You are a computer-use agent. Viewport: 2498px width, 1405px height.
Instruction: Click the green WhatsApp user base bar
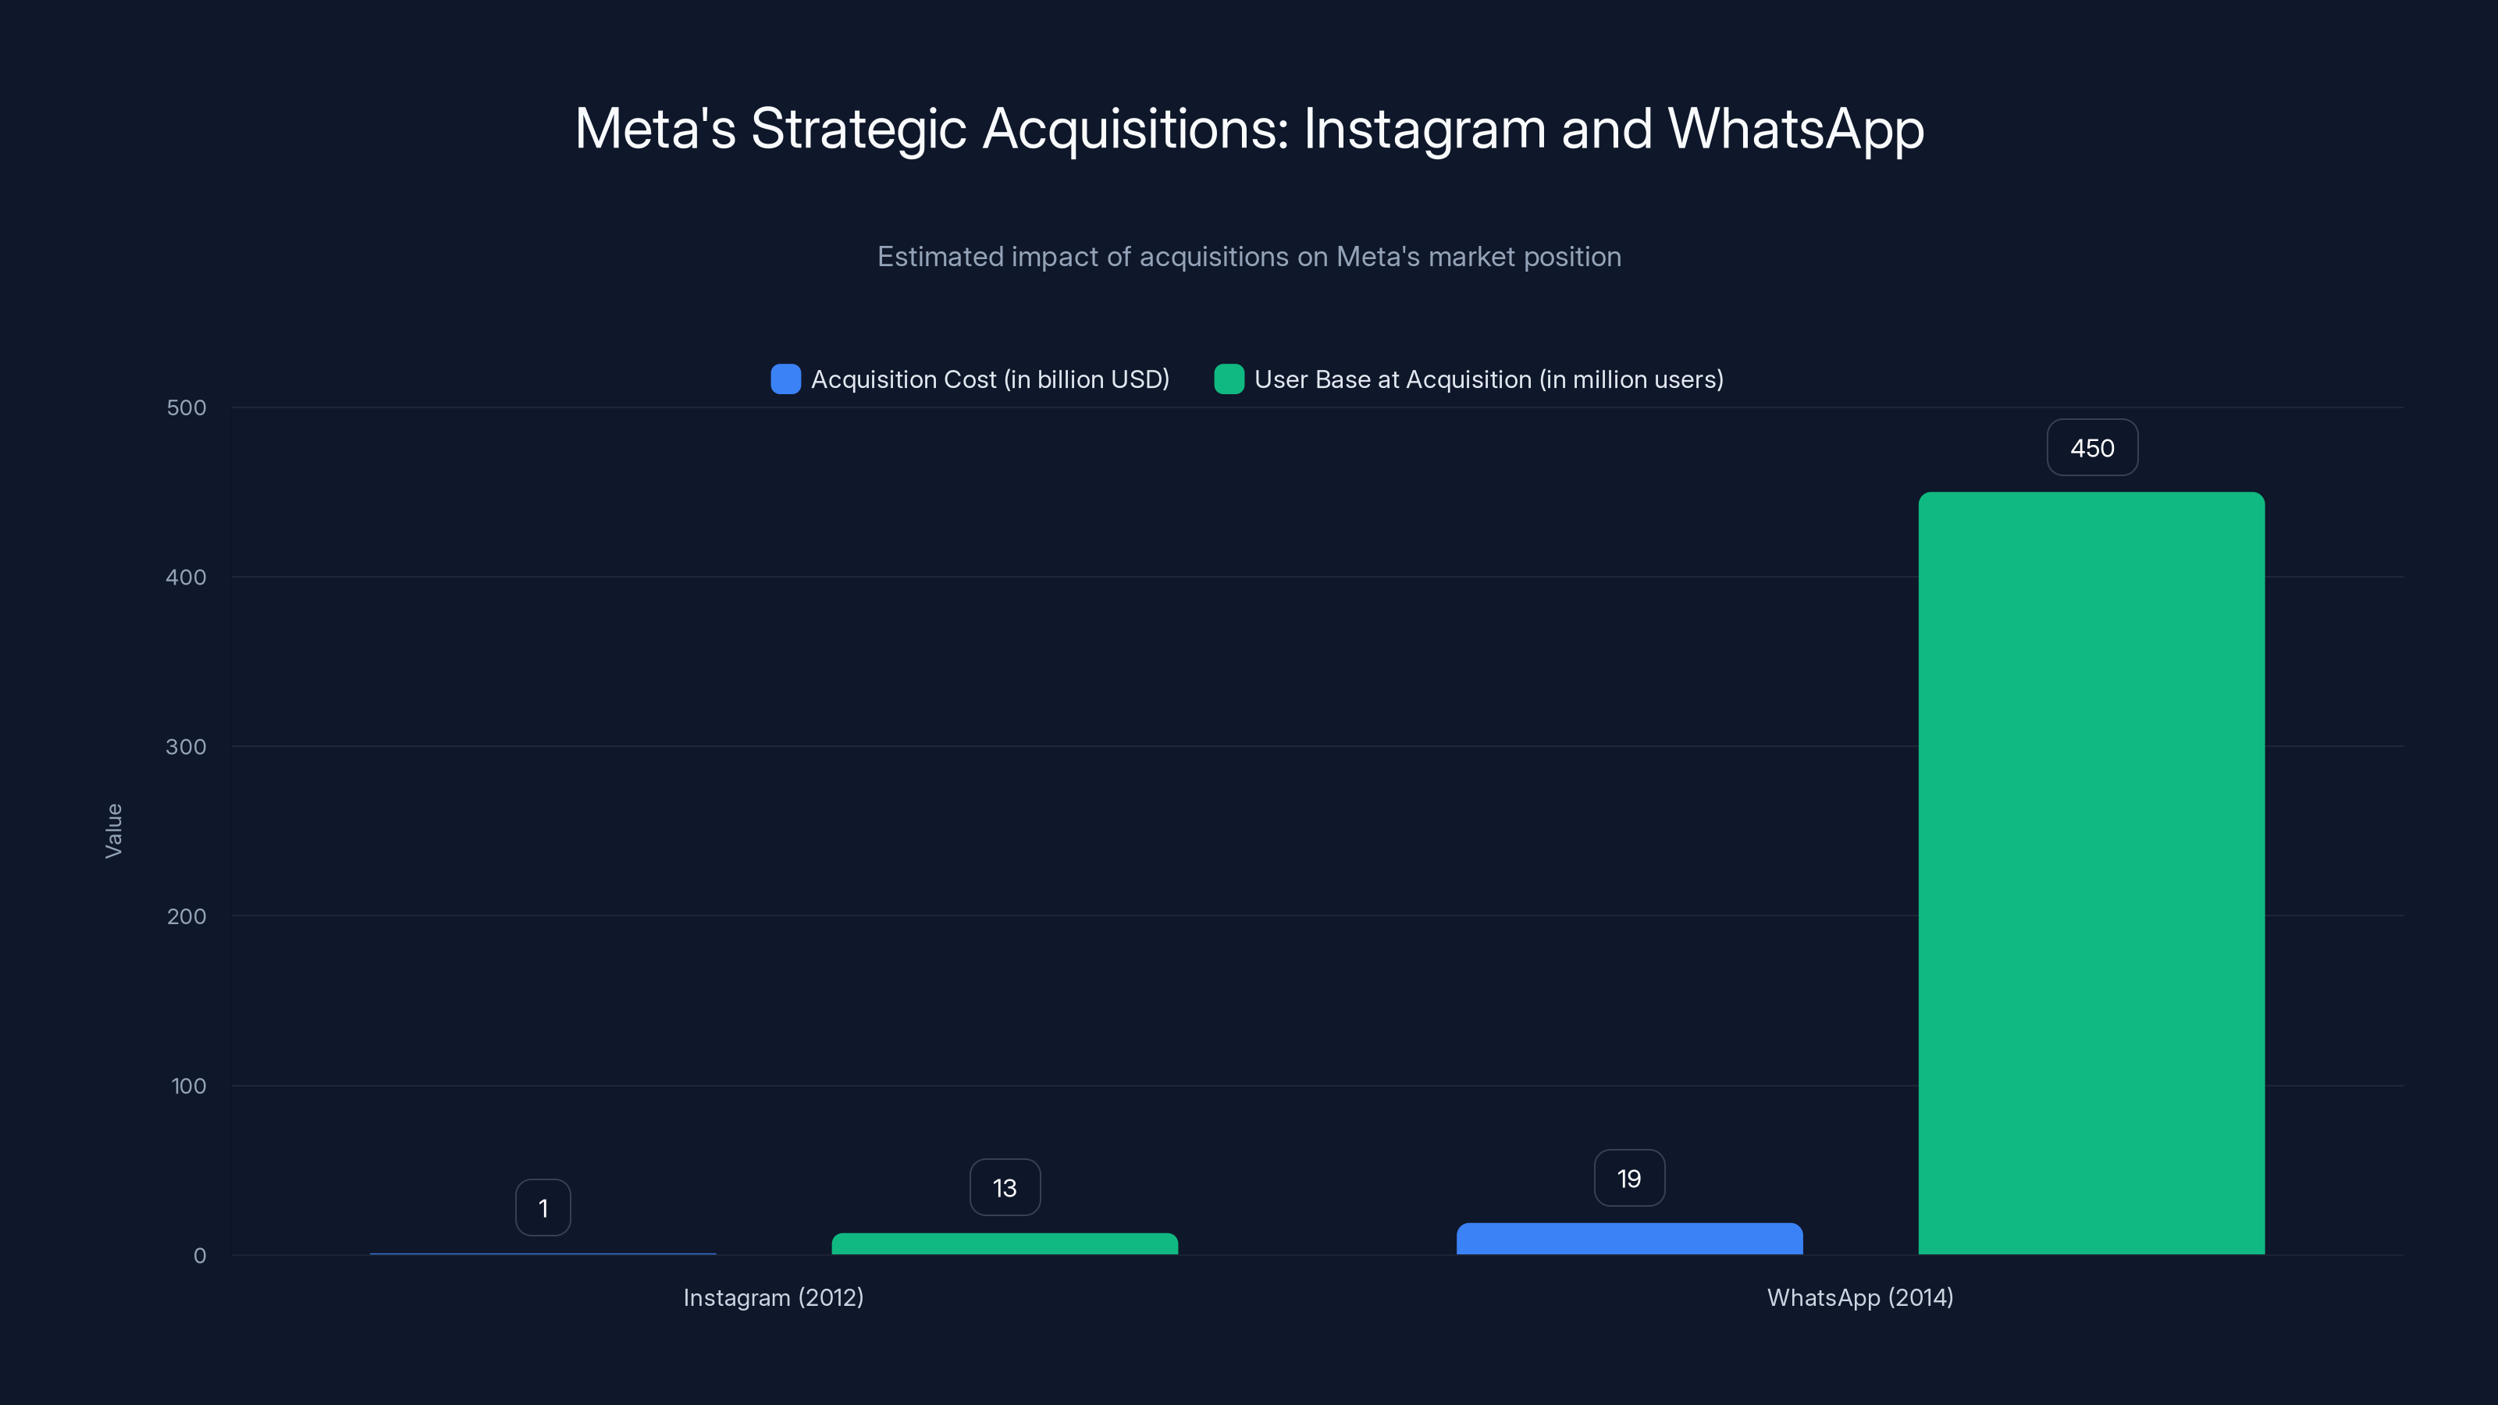point(2091,873)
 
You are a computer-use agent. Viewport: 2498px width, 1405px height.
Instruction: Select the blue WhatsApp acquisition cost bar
point(1629,1240)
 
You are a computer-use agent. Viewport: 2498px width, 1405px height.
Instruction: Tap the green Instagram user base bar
point(1005,1244)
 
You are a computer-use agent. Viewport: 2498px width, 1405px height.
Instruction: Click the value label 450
point(2092,448)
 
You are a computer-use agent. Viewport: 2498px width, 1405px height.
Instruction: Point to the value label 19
point(1629,1178)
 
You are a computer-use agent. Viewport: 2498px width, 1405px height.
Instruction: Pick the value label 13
point(1005,1188)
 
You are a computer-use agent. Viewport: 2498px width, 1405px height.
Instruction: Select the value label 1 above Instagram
point(543,1208)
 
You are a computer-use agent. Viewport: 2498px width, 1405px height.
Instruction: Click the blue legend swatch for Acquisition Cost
point(785,379)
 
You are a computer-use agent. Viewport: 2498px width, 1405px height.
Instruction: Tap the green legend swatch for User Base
point(1229,379)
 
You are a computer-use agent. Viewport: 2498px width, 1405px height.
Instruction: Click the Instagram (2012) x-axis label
point(773,1297)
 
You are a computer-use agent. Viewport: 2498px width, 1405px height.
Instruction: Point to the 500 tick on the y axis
point(187,408)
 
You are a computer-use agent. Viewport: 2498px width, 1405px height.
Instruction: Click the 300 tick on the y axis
point(187,747)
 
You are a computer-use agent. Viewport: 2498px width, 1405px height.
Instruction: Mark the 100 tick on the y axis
point(188,1086)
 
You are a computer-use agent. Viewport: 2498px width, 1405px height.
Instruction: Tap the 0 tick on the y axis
point(200,1256)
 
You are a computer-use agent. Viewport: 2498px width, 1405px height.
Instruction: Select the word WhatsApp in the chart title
point(1795,129)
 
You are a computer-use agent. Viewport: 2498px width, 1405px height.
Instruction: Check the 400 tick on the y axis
point(187,578)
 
